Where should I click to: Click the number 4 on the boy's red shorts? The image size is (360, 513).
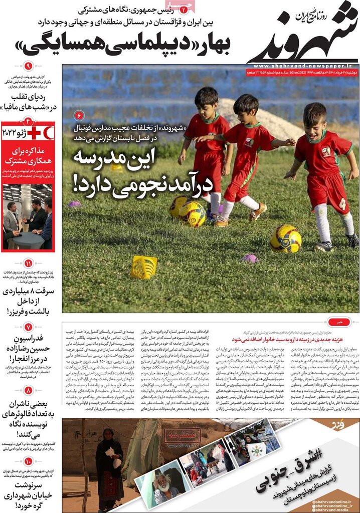[x=342, y=203]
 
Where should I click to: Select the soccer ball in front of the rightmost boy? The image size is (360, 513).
[x=285, y=238]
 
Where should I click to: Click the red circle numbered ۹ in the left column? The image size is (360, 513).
[x=28, y=66]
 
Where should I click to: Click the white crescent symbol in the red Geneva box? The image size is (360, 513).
[x=47, y=132]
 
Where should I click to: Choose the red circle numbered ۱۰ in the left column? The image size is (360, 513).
[x=28, y=461]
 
